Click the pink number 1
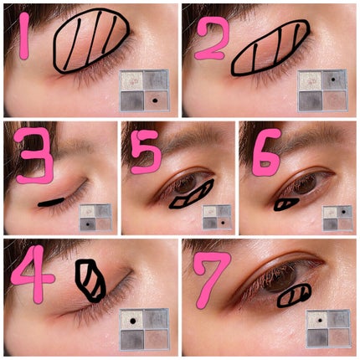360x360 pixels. click(24, 36)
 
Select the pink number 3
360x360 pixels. click(35, 156)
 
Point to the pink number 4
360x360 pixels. click(33, 275)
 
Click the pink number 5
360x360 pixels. click(146, 152)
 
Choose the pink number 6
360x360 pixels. click(265, 152)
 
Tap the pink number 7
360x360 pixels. click(211, 280)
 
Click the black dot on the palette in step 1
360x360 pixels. click(156, 100)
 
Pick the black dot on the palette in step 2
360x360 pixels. click(332, 80)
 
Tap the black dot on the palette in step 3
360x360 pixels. click(88, 224)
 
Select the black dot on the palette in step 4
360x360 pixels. click(133, 321)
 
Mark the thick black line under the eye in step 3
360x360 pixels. click(51, 202)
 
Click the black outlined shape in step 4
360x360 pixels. click(90, 280)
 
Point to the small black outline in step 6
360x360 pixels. click(286, 204)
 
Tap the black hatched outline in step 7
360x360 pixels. click(294, 296)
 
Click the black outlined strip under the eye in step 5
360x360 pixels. click(192, 193)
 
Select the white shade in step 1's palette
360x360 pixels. click(131, 81)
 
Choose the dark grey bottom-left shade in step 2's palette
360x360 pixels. click(310, 101)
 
